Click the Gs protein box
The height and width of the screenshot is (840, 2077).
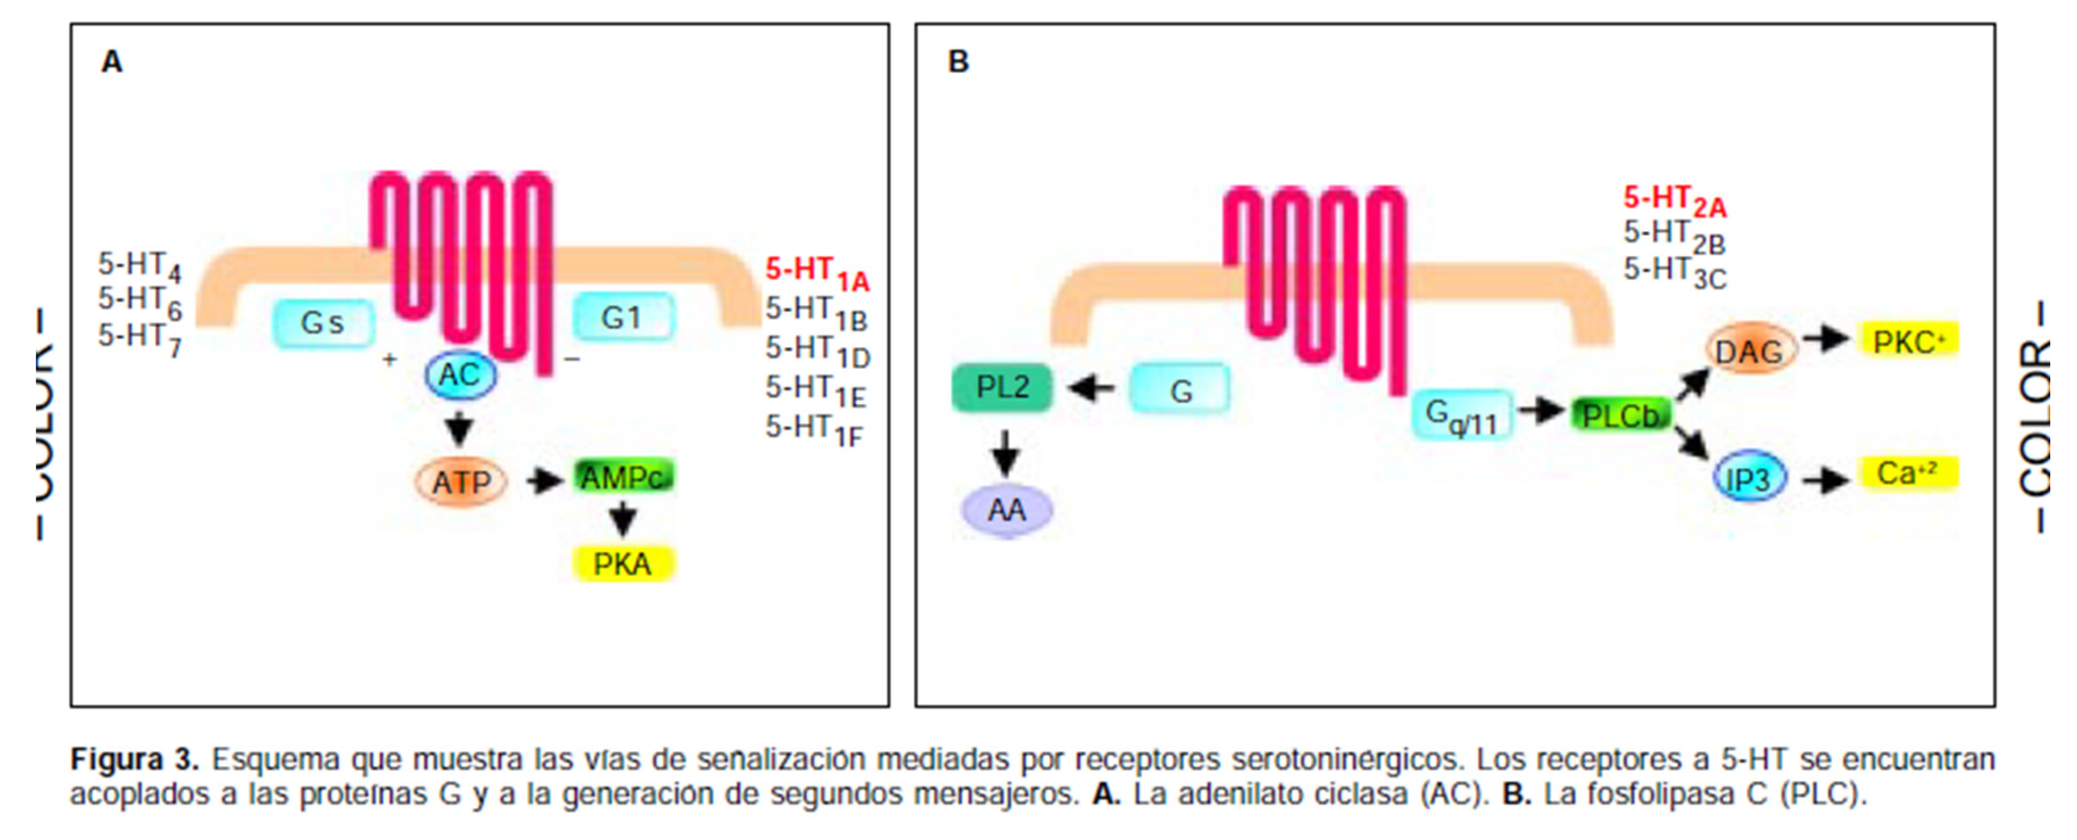[x=322, y=324]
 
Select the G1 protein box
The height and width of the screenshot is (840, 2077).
[x=623, y=317]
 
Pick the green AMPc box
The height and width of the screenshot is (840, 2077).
[x=623, y=477]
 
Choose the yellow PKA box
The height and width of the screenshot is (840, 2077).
[x=623, y=563]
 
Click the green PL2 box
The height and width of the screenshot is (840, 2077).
[x=1002, y=388]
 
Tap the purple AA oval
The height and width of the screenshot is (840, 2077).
[x=1006, y=510]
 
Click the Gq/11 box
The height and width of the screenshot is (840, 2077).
[x=1461, y=415]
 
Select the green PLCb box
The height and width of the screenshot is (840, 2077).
[x=1620, y=415]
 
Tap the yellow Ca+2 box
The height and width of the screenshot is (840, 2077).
[x=1908, y=473]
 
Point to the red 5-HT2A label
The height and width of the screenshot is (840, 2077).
[x=1674, y=201]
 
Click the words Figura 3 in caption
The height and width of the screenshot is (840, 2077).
[x=134, y=759]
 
